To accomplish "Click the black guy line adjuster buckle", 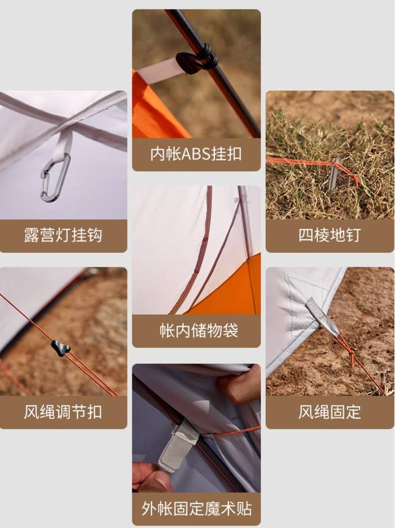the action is click(x=61, y=348).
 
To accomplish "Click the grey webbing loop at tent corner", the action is click(x=322, y=317).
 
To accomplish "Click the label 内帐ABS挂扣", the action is click(x=196, y=154).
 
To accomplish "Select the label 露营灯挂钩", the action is click(x=63, y=235).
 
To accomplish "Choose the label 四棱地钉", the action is click(x=329, y=235).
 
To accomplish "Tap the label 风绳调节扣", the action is click(x=63, y=411).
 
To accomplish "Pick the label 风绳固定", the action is click(x=329, y=411).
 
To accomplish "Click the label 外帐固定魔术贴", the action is click(x=196, y=508).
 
